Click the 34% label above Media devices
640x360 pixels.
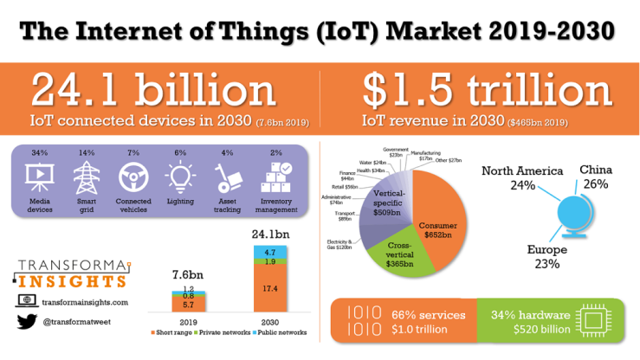click(39, 153)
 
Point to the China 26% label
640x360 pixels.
click(595, 177)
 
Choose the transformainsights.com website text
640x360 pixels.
click(85, 302)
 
